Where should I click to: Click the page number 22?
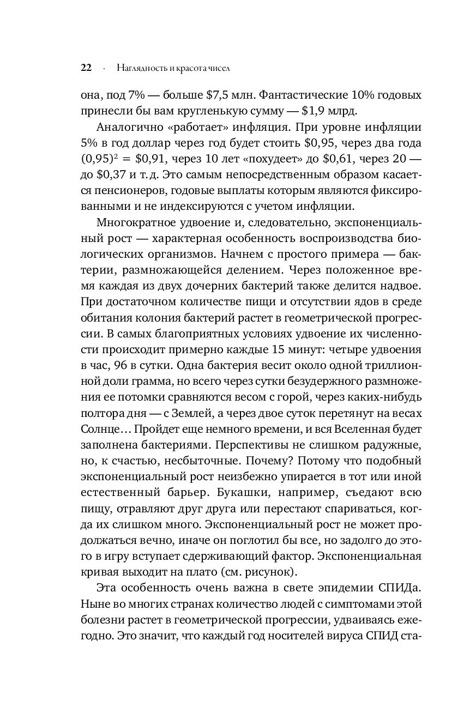pyautogui.click(x=86, y=68)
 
